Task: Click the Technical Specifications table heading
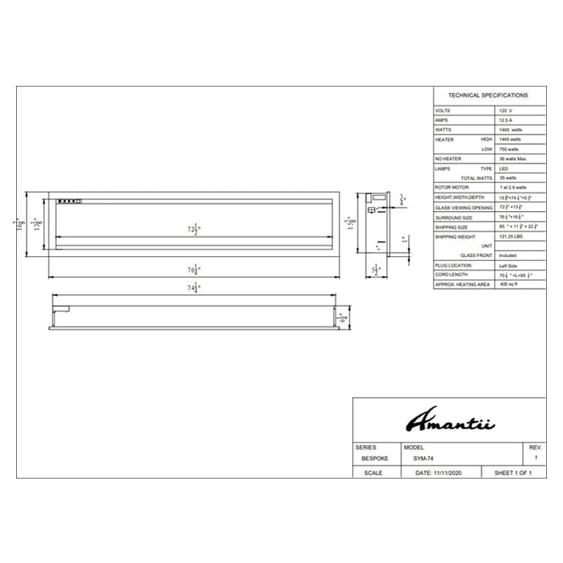488,95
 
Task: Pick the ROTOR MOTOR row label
451,188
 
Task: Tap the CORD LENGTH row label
451,274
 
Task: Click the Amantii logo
450,421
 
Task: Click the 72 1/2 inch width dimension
191,230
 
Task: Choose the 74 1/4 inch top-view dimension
192,288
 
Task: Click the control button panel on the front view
70,201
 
